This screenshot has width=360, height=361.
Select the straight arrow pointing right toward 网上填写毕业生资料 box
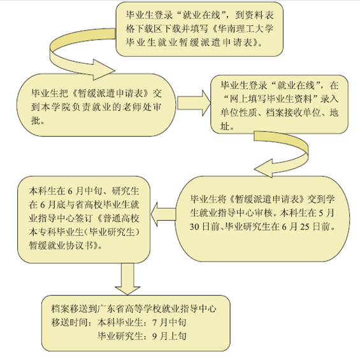coord(194,103)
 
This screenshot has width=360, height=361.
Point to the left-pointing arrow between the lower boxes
coord(163,214)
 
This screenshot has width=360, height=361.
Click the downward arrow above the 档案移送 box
coord(127,279)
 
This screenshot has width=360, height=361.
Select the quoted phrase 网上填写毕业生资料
coord(271,99)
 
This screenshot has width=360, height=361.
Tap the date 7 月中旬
coord(169,323)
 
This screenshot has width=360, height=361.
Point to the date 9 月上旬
coord(169,336)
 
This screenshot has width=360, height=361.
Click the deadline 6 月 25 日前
coord(308,227)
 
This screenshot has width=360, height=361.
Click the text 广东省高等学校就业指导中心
coord(156,309)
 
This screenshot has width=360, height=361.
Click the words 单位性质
coord(239,113)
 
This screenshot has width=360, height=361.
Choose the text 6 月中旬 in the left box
coord(83,191)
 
